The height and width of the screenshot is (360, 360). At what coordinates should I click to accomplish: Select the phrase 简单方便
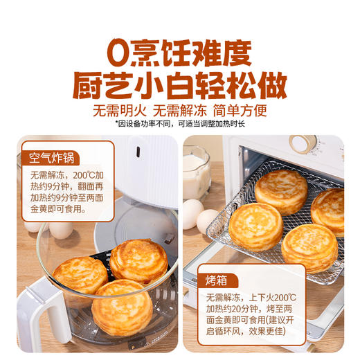click(x=240, y=110)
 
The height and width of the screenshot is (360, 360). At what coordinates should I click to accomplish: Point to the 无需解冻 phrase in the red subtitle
click(x=181, y=110)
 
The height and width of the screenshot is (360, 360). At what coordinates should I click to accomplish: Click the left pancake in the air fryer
click(x=80, y=273)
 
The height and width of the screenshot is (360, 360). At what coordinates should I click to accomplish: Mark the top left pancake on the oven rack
click(x=280, y=190)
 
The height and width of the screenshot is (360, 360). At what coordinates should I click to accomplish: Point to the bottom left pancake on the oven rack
click(x=255, y=226)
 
